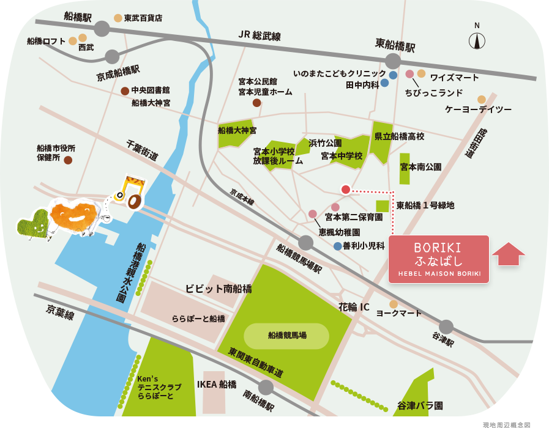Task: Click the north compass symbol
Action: pyautogui.click(x=477, y=40)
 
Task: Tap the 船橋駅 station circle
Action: pyautogui.click(x=102, y=28)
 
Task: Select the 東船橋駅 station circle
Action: pyautogui.click(x=393, y=61)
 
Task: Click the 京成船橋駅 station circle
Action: pyautogui.click(x=112, y=57)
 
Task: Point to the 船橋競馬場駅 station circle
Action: pyautogui.click(x=305, y=243)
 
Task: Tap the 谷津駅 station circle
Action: pyautogui.click(x=446, y=327)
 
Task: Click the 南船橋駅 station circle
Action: pyautogui.click(x=266, y=387)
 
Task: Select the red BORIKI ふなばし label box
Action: pyautogui.click(x=439, y=259)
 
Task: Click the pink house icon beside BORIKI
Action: pyautogui.click(x=508, y=253)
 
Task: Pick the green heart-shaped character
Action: pyautogui.click(x=33, y=223)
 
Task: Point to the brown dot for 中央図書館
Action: pyautogui.click(x=125, y=91)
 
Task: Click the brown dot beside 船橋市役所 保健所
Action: pyautogui.click(x=68, y=160)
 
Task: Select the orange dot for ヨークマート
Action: pyautogui.click(x=394, y=304)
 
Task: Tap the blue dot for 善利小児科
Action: pyautogui.click(x=338, y=246)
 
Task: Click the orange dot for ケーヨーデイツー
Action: pyautogui.click(x=482, y=99)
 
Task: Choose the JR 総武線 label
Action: pyautogui.click(x=260, y=36)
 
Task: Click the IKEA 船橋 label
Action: pyautogui.click(x=217, y=384)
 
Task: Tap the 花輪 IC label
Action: pyautogui.click(x=354, y=307)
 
